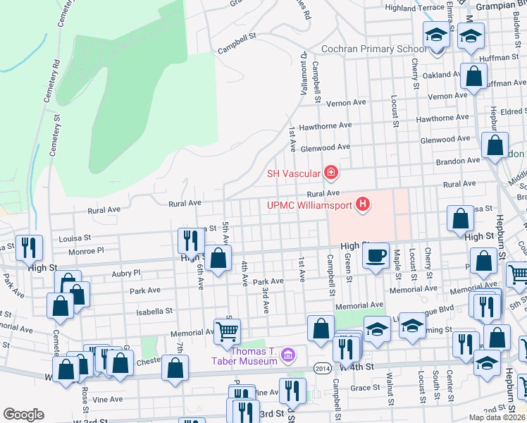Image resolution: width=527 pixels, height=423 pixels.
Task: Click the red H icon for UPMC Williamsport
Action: point(363,205)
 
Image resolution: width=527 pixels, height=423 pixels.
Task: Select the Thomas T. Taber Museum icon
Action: point(287,356)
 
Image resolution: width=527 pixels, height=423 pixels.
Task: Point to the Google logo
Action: point(23,414)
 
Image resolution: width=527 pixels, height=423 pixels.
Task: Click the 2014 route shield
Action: point(322,367)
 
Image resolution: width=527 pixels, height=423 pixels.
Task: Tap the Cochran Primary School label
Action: point(363,49)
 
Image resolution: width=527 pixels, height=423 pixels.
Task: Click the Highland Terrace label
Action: point(415,7)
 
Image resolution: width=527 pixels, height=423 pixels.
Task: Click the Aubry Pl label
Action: point(126,272)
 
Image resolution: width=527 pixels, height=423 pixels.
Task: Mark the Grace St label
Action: point(365,387)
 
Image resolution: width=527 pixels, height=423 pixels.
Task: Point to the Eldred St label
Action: point(512,111)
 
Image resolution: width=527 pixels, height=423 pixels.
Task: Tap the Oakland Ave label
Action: point(441,74)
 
